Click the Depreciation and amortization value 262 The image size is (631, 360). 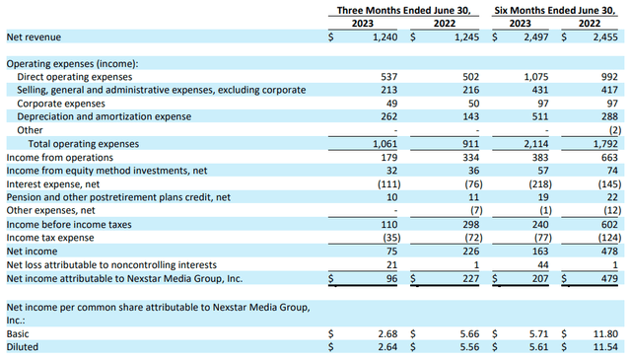tap(386, 116)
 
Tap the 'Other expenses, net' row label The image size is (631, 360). tap(49, 211)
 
